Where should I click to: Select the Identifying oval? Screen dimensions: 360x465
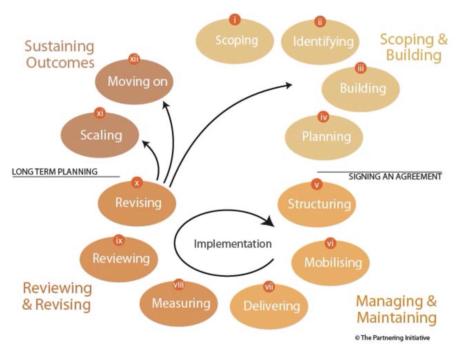coord(323,41)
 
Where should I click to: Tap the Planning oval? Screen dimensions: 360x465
coord(326,137)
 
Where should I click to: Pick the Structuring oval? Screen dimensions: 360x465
coord(319,204)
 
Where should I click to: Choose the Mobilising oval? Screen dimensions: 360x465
coord(332,262)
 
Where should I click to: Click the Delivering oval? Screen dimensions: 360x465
coord(271,306)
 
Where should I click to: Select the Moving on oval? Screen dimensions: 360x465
coord(137,82)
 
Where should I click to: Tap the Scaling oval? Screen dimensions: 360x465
coord(101,135)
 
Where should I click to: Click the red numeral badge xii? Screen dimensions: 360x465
coord(134,59)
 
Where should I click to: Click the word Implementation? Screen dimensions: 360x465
coord(232,244)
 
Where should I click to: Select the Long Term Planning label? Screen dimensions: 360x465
coord(55,171)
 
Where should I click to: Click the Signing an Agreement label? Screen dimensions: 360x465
coord(395,177)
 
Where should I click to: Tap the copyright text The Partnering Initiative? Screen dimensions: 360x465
coord(392,338)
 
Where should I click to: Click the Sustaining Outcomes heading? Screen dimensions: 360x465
coord(60,54)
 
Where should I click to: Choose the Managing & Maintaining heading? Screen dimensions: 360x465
coord(396,309)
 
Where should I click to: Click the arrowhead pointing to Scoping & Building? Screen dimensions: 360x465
coord(289,85)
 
